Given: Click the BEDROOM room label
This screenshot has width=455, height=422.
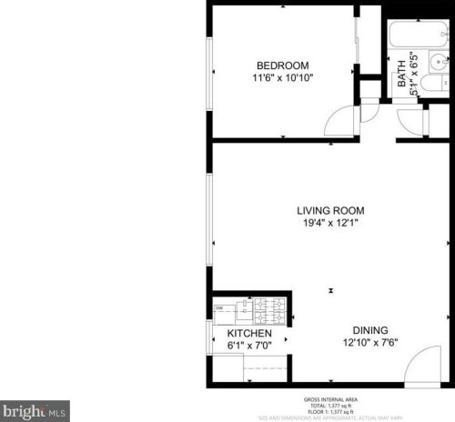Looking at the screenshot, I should click(x=282, y=65).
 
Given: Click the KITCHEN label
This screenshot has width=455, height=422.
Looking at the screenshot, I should click(x=249, y=334).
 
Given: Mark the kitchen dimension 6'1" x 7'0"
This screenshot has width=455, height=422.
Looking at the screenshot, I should click(x=249, y=347).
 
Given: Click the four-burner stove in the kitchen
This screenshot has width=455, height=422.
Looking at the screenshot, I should click(x=271, y=312).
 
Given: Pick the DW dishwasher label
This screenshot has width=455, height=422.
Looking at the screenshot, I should click(x=219, y=308).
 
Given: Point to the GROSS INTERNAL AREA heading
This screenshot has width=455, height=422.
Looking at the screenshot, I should click(x=329, y=398).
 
